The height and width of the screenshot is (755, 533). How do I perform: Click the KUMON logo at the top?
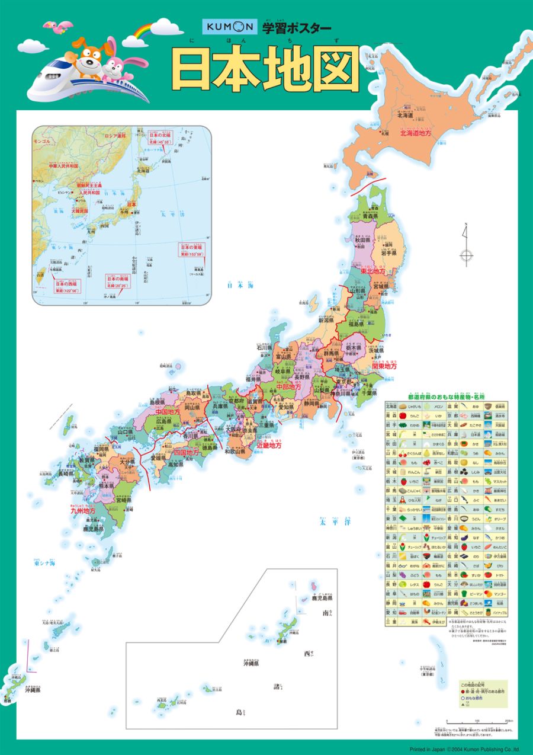tap(229, 26)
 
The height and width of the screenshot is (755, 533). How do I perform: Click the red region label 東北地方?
tap(373, 270)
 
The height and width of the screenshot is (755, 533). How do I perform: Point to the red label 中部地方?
tap(288, 386)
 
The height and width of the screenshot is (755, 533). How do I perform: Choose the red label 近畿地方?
tap(269, 444)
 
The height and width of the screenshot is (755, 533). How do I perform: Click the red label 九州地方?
tap(83, 509)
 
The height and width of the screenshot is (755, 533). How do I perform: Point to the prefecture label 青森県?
tap(370, 217)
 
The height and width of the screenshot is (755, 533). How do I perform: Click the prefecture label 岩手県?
tap(388, 252)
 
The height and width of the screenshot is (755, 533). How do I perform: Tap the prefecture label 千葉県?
tap(370, 392)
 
